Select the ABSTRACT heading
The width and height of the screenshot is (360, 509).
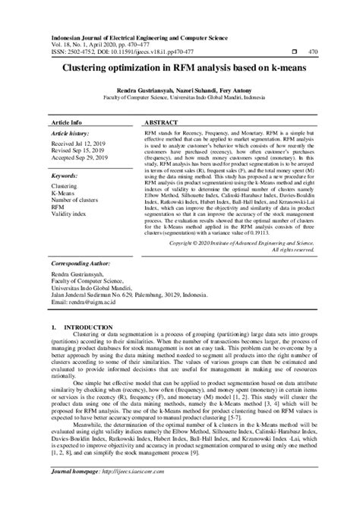point(160,122)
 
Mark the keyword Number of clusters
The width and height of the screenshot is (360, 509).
point(78,201)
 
